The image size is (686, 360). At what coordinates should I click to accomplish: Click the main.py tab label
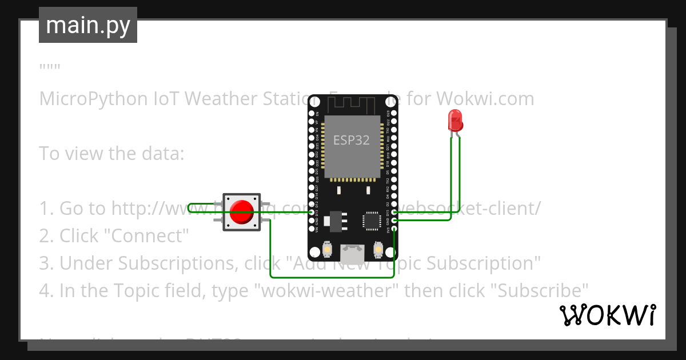point(87,25)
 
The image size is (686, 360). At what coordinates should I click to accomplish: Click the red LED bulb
point(455,120)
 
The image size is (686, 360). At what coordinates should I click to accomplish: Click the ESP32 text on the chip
point(351,140)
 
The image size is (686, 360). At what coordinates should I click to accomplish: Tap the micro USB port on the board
point(352,251)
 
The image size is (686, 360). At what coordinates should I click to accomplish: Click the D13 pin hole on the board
point(312,212)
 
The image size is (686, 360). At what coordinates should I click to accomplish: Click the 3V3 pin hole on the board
point(394,229)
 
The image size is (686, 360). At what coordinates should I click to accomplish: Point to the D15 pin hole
point(394,212)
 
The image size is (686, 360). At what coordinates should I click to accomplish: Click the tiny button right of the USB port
point(377,250)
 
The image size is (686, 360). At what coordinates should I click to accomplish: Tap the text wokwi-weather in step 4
point(329,291)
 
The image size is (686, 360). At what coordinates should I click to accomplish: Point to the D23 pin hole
point(394,114)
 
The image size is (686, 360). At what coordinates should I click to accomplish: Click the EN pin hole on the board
point(312,114)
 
